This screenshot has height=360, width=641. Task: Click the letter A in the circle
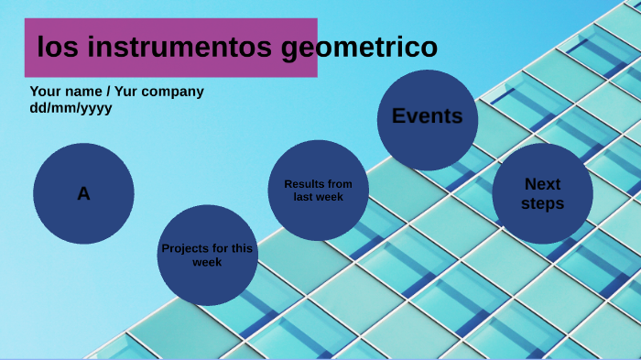(83, 194)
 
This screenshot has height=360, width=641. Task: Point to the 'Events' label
(427, 116)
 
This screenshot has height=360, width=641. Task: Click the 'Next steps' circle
(542, 193)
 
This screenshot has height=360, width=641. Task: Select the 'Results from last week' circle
(318, 191)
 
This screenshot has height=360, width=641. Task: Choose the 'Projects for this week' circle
(207, 255)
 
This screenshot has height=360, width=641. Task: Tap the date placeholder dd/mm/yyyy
(71, 107)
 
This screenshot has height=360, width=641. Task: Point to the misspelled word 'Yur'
(128, 92)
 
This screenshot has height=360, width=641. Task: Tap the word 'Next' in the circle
(542, 184)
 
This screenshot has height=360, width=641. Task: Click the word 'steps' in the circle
(542, 203)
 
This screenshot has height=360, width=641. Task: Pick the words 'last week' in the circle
(318, 197)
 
